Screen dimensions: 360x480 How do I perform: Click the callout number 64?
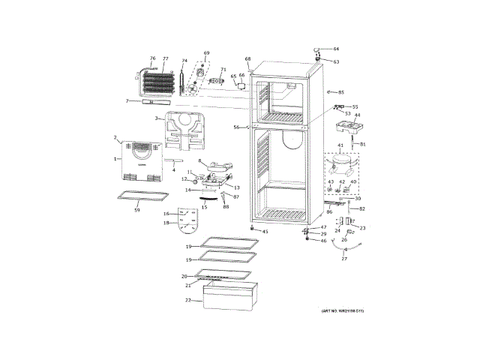(336, 49)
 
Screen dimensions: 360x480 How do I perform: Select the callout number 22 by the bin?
(187, 301)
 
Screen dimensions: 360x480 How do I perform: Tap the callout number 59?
(137, 210)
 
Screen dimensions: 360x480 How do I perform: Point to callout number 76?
(152, 58)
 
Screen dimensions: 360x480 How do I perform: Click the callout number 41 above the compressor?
(340, 145)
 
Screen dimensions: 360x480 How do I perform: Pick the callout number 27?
(344, 259)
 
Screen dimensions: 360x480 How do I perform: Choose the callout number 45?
(265, 232)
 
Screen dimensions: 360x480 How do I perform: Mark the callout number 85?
(341, 92)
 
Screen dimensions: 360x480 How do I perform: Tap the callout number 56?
(235, 127)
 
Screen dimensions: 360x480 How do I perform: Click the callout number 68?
(247, 58)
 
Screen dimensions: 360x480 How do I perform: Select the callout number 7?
(127, 101)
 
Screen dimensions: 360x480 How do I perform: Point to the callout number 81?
(363, 144)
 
